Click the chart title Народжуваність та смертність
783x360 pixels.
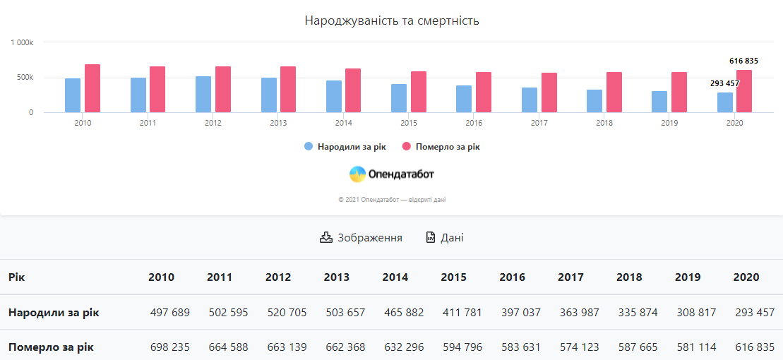tap(392, 20)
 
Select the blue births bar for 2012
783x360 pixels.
tap(203, 95)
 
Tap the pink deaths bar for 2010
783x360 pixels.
tap(92, 88)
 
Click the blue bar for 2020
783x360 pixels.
tap(725, 102)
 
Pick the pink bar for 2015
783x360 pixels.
tap(419, 92)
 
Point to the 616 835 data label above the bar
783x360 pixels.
tap(743, 61)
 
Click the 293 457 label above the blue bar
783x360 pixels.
tap(724, 83)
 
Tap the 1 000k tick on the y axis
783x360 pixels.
tap(22, 42)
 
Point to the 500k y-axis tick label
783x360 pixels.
tap(25, 77)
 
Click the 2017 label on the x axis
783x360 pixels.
tap(539, 123)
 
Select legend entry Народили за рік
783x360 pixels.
tap(345, 147)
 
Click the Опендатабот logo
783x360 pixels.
tap(392, 174)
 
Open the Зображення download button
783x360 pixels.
tap(361, 238)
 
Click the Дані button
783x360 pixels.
tap(445, 238)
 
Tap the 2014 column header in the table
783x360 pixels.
tap(395, 277)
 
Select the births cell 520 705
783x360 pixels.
tap(286, 312)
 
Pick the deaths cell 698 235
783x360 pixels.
tap(169, 347)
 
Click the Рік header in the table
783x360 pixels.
tap(17, 277)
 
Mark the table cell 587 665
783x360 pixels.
tap(637, 347)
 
